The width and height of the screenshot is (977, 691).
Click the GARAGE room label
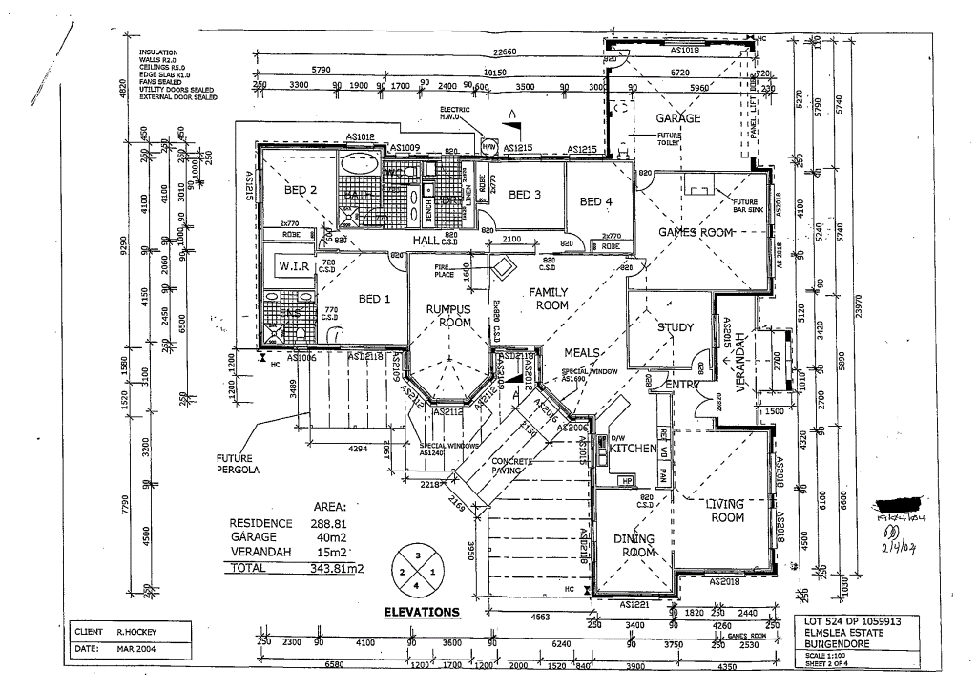pyautogui.click(x=677, y=118)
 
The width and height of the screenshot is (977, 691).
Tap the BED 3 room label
pyautogui.click(x=525, y=195)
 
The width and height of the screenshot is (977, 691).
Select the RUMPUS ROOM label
pyautogui.click(x=448, y=316)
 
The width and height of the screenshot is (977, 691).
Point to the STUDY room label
pyautogui.click(x=676, y=328)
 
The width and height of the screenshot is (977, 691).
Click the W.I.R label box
pyautogui.click(x=292, y=264)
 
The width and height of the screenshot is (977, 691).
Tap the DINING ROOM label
pyautogui.click(x=634, y=546)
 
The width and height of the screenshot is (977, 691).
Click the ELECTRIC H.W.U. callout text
pyautogui.click(x=455, y=114)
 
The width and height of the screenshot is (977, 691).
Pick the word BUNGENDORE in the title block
pyautogui.click(x=833, y=643)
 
